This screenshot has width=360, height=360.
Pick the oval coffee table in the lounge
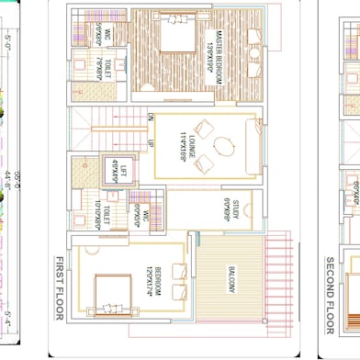(224, 145)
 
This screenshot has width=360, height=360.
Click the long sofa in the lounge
(249, 145)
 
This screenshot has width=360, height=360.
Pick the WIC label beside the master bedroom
(107, 36)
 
